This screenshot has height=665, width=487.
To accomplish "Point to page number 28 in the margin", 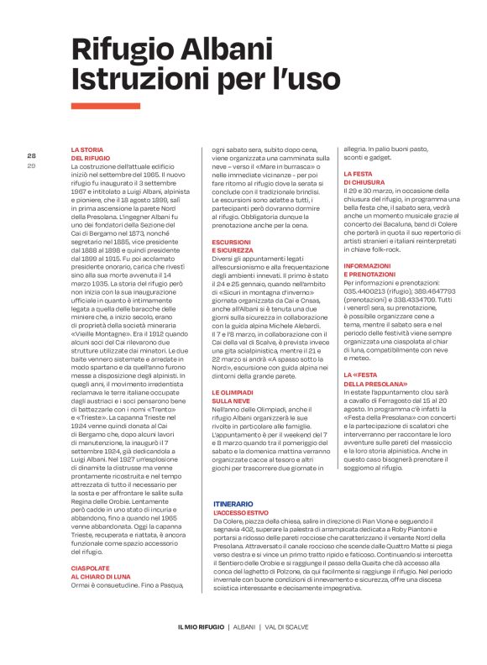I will (x=32, y=155).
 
